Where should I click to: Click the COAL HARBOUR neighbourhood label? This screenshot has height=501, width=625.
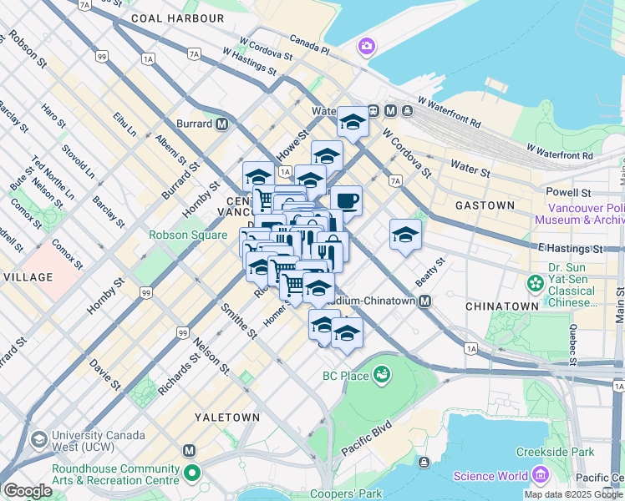click(178, 18)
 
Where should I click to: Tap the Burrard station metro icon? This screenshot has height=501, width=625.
click(221, 124)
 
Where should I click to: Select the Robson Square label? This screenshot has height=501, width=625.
click(188, 235)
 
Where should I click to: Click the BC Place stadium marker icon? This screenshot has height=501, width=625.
click(382, 375)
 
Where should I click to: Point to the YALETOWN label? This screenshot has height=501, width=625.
click(226, 417)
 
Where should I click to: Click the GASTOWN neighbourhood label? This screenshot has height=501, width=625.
click(485, 205)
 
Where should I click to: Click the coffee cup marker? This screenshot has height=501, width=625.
click(346, 200)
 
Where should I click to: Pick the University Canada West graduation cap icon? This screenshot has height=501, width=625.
click(38, 440)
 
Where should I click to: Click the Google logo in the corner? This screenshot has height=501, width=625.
click(28, 491)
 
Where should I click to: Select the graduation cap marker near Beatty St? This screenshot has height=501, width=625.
click(405, 234)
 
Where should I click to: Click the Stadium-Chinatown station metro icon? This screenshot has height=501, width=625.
click(425, 301)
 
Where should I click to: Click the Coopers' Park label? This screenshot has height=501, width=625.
click(346, 493)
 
